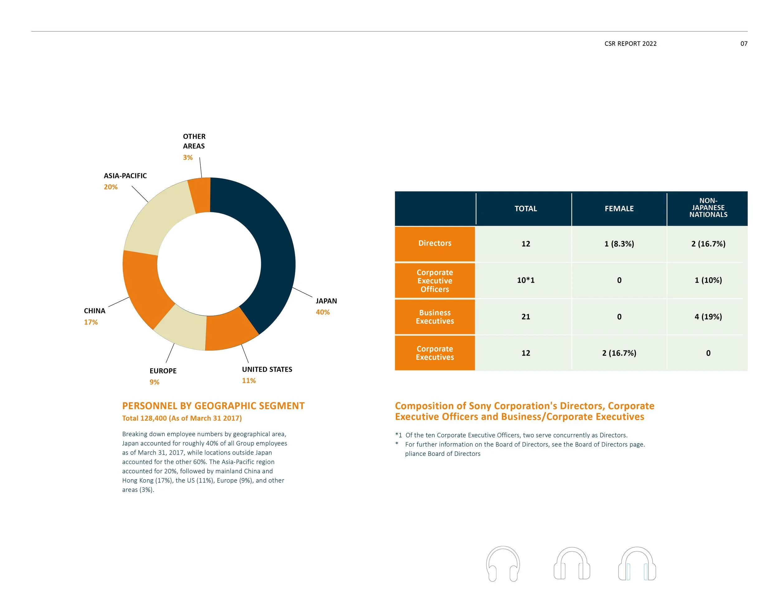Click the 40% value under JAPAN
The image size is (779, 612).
click(x=323, y=312)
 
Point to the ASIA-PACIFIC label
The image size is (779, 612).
click(x=125, y=175)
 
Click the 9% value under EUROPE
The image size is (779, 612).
click(x=155, y=382)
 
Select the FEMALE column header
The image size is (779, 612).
click(x=619, y=208)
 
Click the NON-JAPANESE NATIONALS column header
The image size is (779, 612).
click(x=708, y=208)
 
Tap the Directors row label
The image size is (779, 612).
click(x=435, y=243)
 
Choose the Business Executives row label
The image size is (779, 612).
click(x=435, y=317)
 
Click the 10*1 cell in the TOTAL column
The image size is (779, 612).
click(x=525, y=280)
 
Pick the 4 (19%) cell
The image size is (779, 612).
click(x=708, y=317)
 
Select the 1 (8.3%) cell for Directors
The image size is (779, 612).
click(x=619, y=244)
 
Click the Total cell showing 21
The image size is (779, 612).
click(x=525, y=317)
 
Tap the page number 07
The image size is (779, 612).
click(x=743, y=44)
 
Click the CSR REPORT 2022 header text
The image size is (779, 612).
click(x=630, y=44)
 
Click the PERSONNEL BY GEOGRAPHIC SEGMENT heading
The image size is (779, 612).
click(x=213, y=406)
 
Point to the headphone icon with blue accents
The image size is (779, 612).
click(x=637, y=564)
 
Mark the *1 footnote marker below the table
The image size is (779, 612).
click(x=399, y=435)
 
